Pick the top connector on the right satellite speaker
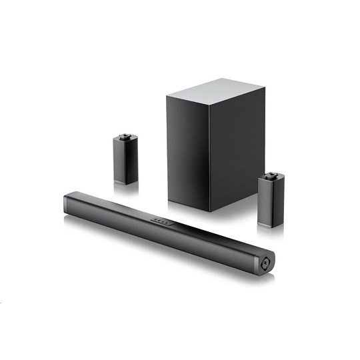click(271, 176)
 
